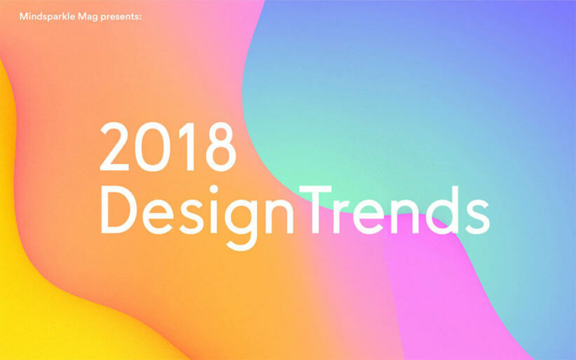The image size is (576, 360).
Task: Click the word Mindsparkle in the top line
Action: [47, 17]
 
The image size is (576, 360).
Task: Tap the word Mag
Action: [88, 18]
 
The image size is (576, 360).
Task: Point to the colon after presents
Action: [140, 18]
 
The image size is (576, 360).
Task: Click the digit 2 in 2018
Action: [114, 146]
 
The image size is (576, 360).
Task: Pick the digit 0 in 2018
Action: [152, 147]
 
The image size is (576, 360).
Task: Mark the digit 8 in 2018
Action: [220, 147]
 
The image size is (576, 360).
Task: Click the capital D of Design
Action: [119, 210]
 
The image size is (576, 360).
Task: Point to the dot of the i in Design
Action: [214, 189]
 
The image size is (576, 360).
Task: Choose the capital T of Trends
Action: [315, 210]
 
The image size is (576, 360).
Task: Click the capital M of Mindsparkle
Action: [24, 17]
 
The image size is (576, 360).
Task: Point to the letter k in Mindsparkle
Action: [63, 17]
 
